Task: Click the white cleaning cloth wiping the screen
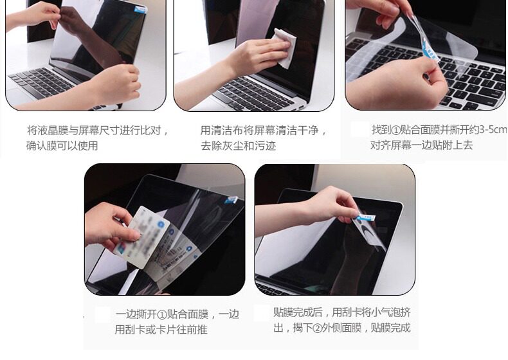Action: [x=285, y=49]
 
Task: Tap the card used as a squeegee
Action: [x=142, y=237]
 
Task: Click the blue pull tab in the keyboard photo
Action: [x=430, y=51]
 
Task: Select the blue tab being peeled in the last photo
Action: [x=366, y=217]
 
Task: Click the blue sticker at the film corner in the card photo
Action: [x=231, y=200]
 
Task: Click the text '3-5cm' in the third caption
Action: [x=493, y=130]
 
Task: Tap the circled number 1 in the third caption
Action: [x=396, y=130]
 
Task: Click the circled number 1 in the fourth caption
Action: [x=162, y=314]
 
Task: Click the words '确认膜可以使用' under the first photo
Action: [x=62, y=145]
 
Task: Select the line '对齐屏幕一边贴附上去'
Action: [x=422, y=145]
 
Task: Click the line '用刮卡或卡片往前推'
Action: [x=161, y=330]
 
